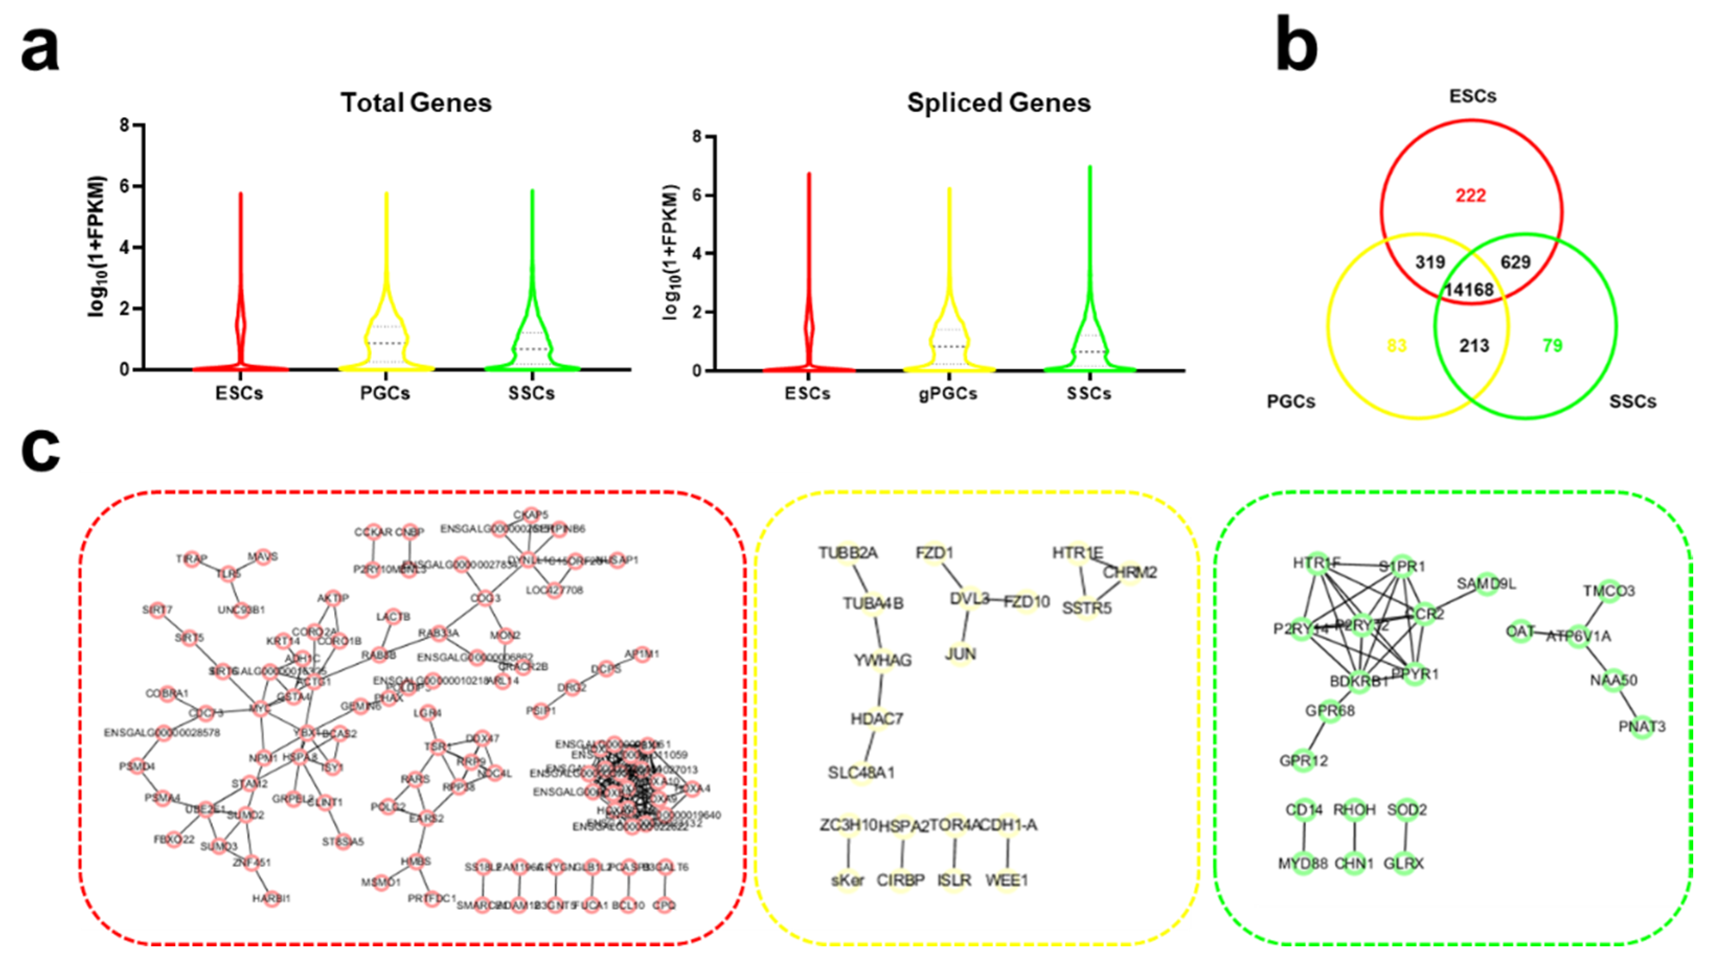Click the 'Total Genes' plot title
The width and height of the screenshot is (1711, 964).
[x=416, y=103]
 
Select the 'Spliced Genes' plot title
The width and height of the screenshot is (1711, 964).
[x=999, y=103]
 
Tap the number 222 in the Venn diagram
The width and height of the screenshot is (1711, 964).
[x=1470, y=196]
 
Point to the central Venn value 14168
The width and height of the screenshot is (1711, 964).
[x=1469, y=290]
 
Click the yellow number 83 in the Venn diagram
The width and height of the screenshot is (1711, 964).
[x=1397, y=346]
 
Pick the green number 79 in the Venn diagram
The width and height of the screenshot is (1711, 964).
[x=1552, y=346]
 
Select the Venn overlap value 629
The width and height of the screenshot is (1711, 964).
[x=1516, y=262]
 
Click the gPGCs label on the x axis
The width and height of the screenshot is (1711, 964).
[x=949, y=394]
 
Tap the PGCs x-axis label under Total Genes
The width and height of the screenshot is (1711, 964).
[x=385, y=394]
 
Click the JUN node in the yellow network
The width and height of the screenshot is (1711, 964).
[x=961, y=655]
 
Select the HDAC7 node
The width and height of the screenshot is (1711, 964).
[x=877, y=719]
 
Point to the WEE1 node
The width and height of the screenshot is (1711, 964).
[x=1007, y=881]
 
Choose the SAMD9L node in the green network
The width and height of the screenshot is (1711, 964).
[x=1487, y=584]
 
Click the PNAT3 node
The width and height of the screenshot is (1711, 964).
[x=1642, y=727]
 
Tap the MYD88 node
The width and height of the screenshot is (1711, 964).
[x=1303, y=864]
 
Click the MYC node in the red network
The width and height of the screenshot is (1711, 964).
[x=260, y=709]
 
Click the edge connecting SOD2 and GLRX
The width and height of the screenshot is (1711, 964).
[x=1405, y=836]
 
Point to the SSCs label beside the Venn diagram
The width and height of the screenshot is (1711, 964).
[x=1633, y=401]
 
